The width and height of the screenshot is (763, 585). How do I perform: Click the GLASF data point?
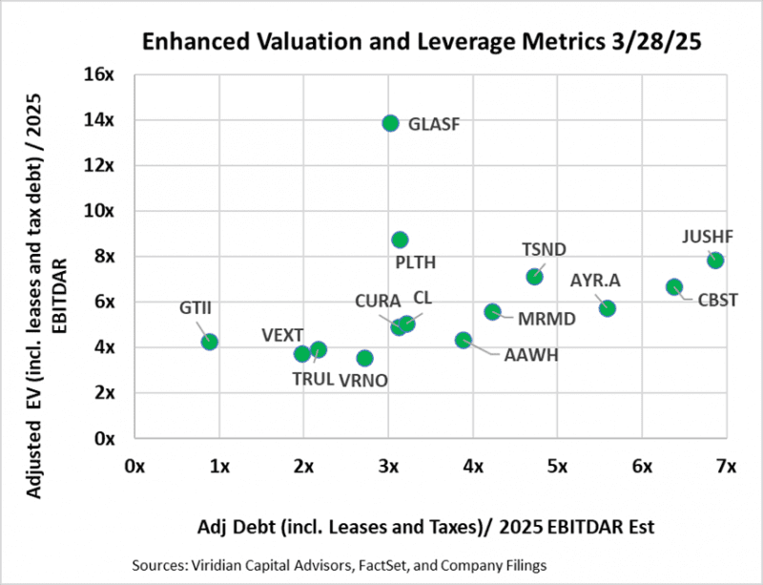(x=390, y=123)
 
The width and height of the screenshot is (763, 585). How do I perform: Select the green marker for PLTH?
(x=400, y=240)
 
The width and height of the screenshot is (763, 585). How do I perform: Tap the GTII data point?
(x=210, y=342)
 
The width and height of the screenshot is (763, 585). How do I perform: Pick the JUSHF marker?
(x=715, y=261)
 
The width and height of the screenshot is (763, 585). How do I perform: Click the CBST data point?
(x=674, y=287)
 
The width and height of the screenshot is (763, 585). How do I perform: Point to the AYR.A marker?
(x=608, y=308)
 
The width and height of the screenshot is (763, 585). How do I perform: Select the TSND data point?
(x=534, y=277)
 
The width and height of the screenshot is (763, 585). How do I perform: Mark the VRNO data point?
(x=364, y=358)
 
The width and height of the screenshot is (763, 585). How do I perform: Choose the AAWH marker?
(x=464, y=340)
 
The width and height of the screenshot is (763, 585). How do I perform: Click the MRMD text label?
(x=546, y=319)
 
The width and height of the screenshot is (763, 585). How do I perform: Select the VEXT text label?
(x=282, y=335)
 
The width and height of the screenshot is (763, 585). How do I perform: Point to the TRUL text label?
(x=313, y=379)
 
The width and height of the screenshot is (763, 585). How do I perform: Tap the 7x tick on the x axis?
(x=726, y=467)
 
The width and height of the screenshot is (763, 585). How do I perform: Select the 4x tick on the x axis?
(x=472, y=467)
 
